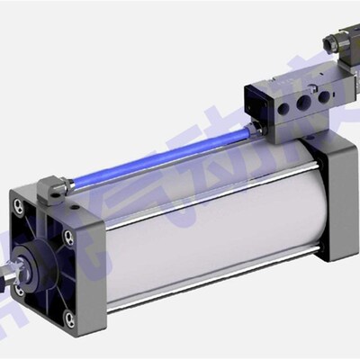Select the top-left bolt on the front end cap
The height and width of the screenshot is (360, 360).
point(18,206)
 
